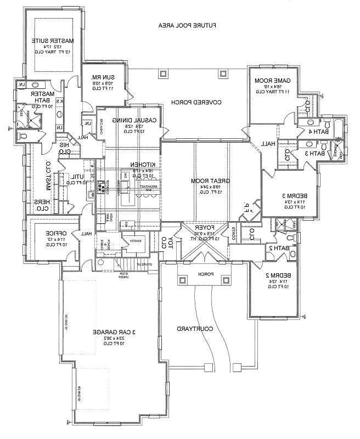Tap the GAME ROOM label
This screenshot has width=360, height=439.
[276, 81]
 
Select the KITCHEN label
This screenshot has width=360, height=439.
[144, 165]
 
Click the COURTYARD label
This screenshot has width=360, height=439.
[194, 328]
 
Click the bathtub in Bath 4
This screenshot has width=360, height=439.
[337, 127]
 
